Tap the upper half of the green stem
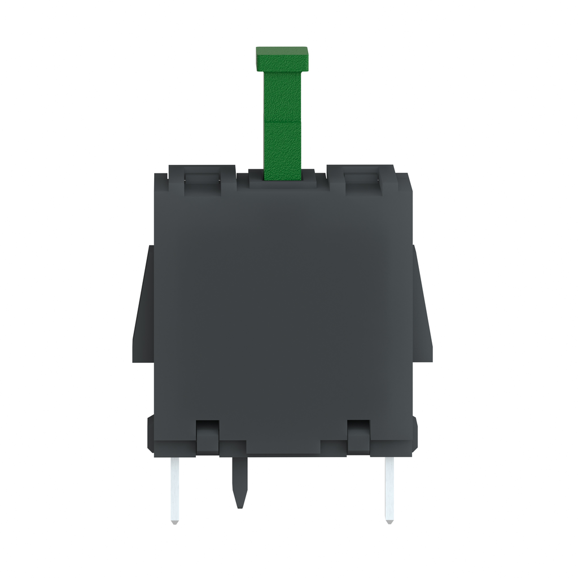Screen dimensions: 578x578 tap(282, 96)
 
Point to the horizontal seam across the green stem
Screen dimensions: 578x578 tap(282, 121)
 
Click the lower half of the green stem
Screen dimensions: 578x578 tap(282, 150)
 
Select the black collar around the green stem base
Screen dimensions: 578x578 tap(282, 182)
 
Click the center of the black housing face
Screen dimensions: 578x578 tap(282, 305)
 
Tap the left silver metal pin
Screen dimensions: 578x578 tap(175, 488)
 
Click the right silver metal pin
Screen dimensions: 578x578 tap(389, 488)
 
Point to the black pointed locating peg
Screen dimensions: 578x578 tap(240, 480)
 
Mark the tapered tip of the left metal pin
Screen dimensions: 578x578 tap(175, 520)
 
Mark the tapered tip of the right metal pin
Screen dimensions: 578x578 tap(389, 520)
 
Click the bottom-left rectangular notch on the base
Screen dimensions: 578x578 tap(207, 436)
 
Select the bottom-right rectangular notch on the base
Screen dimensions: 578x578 tap(358, 436)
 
